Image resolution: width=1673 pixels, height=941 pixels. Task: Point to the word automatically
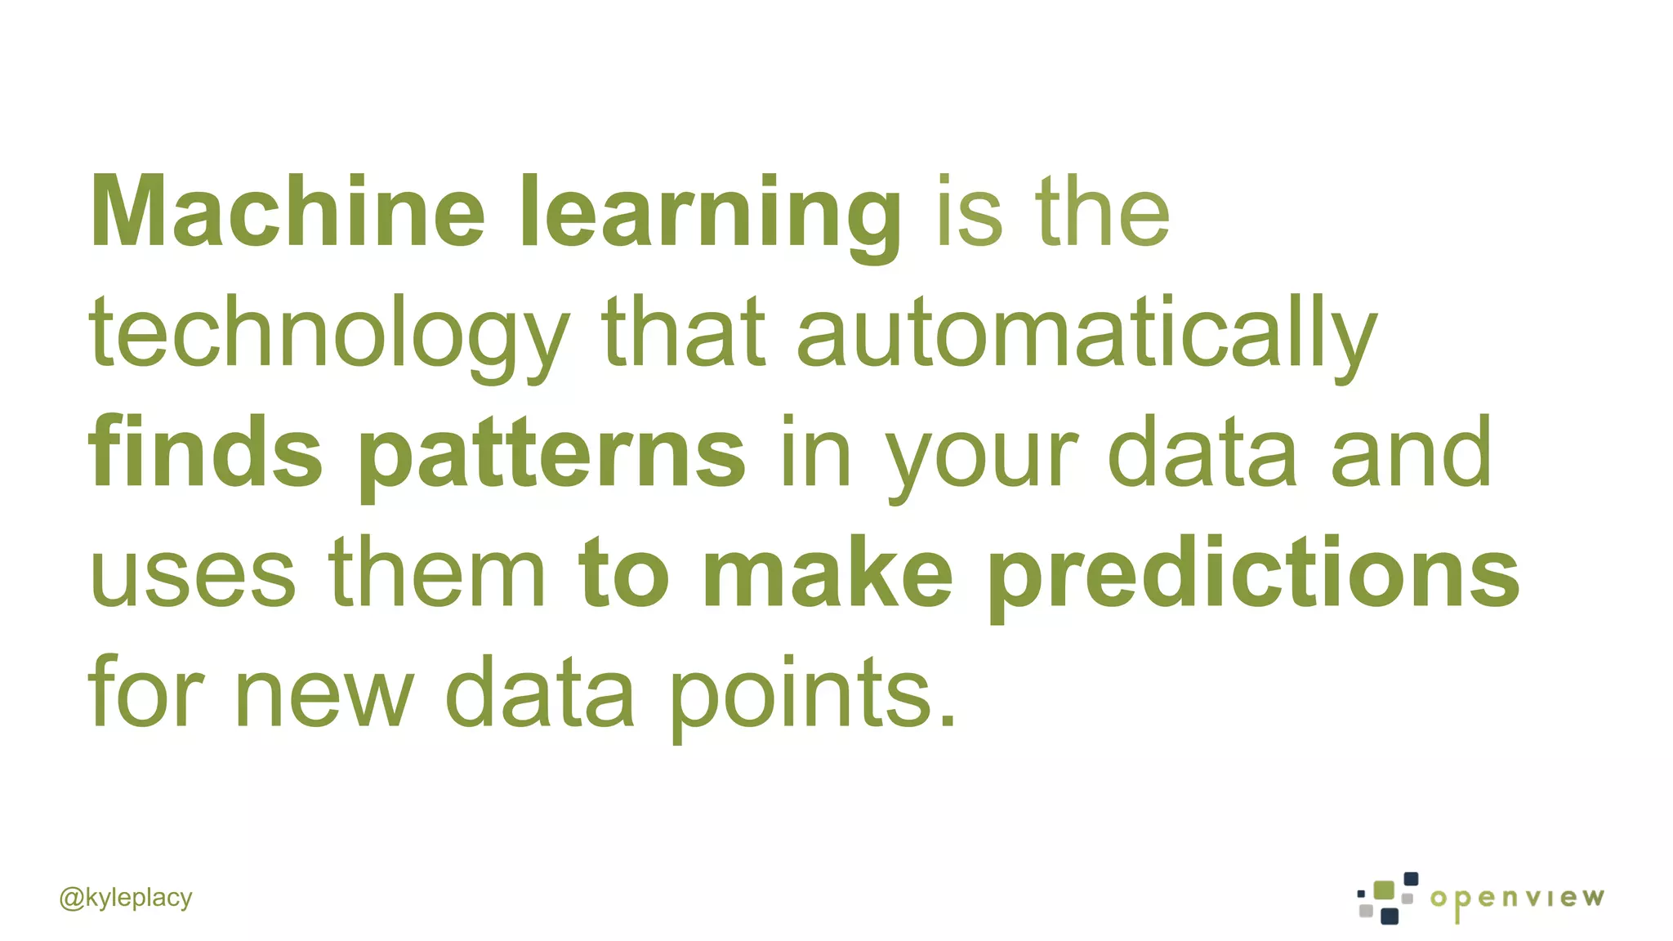tap(1086, 335)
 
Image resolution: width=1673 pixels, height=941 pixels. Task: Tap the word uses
tap(193, 576)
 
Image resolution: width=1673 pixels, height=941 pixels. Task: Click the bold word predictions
tap(1254, 576)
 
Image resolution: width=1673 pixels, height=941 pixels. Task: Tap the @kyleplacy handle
tap(126, 898)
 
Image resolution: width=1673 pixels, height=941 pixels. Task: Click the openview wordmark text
tap(1517, 899)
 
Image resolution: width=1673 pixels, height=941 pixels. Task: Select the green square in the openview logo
tap(1384, 890)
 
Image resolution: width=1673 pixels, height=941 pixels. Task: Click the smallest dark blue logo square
tap(1361, 894)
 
